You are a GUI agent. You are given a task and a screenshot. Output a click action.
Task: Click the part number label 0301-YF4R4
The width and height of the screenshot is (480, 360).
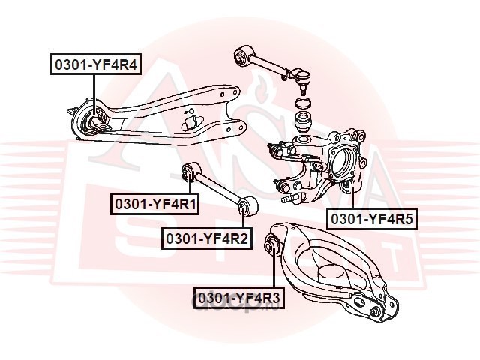[94, 65]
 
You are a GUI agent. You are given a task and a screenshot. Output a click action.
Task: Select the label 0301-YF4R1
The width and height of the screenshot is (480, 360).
[155, 202]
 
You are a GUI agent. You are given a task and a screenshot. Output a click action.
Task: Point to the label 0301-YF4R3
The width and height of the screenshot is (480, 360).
[238, 298]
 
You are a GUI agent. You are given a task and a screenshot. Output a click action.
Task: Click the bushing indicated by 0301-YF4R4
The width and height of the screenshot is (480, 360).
[94, 118]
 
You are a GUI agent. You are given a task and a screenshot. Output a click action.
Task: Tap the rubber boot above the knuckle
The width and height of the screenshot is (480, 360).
[304, 122]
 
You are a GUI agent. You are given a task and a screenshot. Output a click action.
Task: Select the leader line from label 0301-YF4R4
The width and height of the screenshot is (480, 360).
[94, 90]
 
